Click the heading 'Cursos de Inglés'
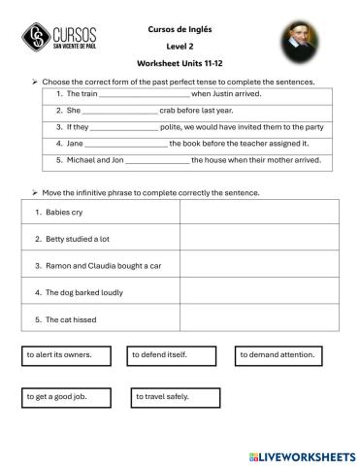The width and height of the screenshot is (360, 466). [x=180, y=29]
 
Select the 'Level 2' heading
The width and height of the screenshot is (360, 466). [x=180, y=46]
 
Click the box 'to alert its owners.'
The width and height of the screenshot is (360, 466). [x=66, y=355]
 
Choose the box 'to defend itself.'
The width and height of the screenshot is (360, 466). [x=172, y=355]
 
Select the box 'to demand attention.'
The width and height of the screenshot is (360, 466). [x=278, y=355]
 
